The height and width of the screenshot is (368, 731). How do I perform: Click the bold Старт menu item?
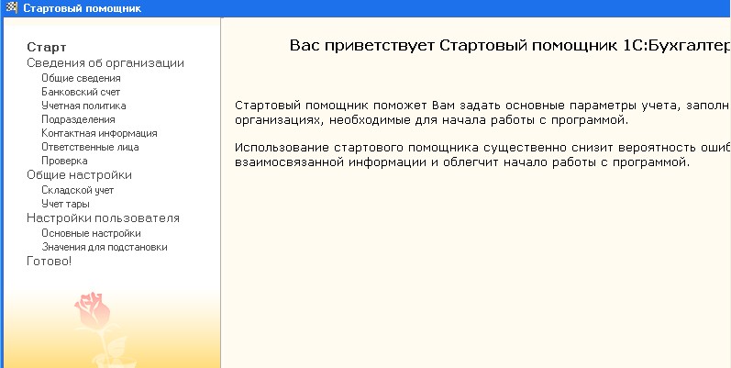click(x=47, y=47)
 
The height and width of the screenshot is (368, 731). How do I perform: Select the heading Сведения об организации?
click(x=105, y=63)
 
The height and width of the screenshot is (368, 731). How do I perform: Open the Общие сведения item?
click(x=81, y=78)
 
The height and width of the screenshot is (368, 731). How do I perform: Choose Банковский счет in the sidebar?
click(x=81, y=93)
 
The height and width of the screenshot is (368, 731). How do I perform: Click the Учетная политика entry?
click(x=83, y=106)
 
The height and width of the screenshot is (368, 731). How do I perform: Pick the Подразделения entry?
click(x=78, y=120)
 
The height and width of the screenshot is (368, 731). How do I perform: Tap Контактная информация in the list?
click(x=99, y=133)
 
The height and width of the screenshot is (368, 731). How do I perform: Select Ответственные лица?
click(x=90, y=148)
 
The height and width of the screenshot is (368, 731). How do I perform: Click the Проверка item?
click(x=64, y=162)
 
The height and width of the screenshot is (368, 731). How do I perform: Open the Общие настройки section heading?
click(x=79, y=175)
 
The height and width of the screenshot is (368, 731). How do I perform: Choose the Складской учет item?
click(x=77, y=190)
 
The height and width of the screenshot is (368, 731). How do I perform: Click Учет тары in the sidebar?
click(x=65, y=205)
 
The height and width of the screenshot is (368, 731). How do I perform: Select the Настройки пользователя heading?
click(x=103, y=218)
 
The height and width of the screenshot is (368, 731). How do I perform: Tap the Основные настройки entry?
click(x=91, y=233)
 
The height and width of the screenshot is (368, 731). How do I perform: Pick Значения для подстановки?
click(x=105, y=247)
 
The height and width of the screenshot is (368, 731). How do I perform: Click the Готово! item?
click(x=50, y=262)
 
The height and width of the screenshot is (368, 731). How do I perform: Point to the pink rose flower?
click(x=94, y=310)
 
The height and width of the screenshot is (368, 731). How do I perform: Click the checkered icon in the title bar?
click(x=10, y=8)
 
